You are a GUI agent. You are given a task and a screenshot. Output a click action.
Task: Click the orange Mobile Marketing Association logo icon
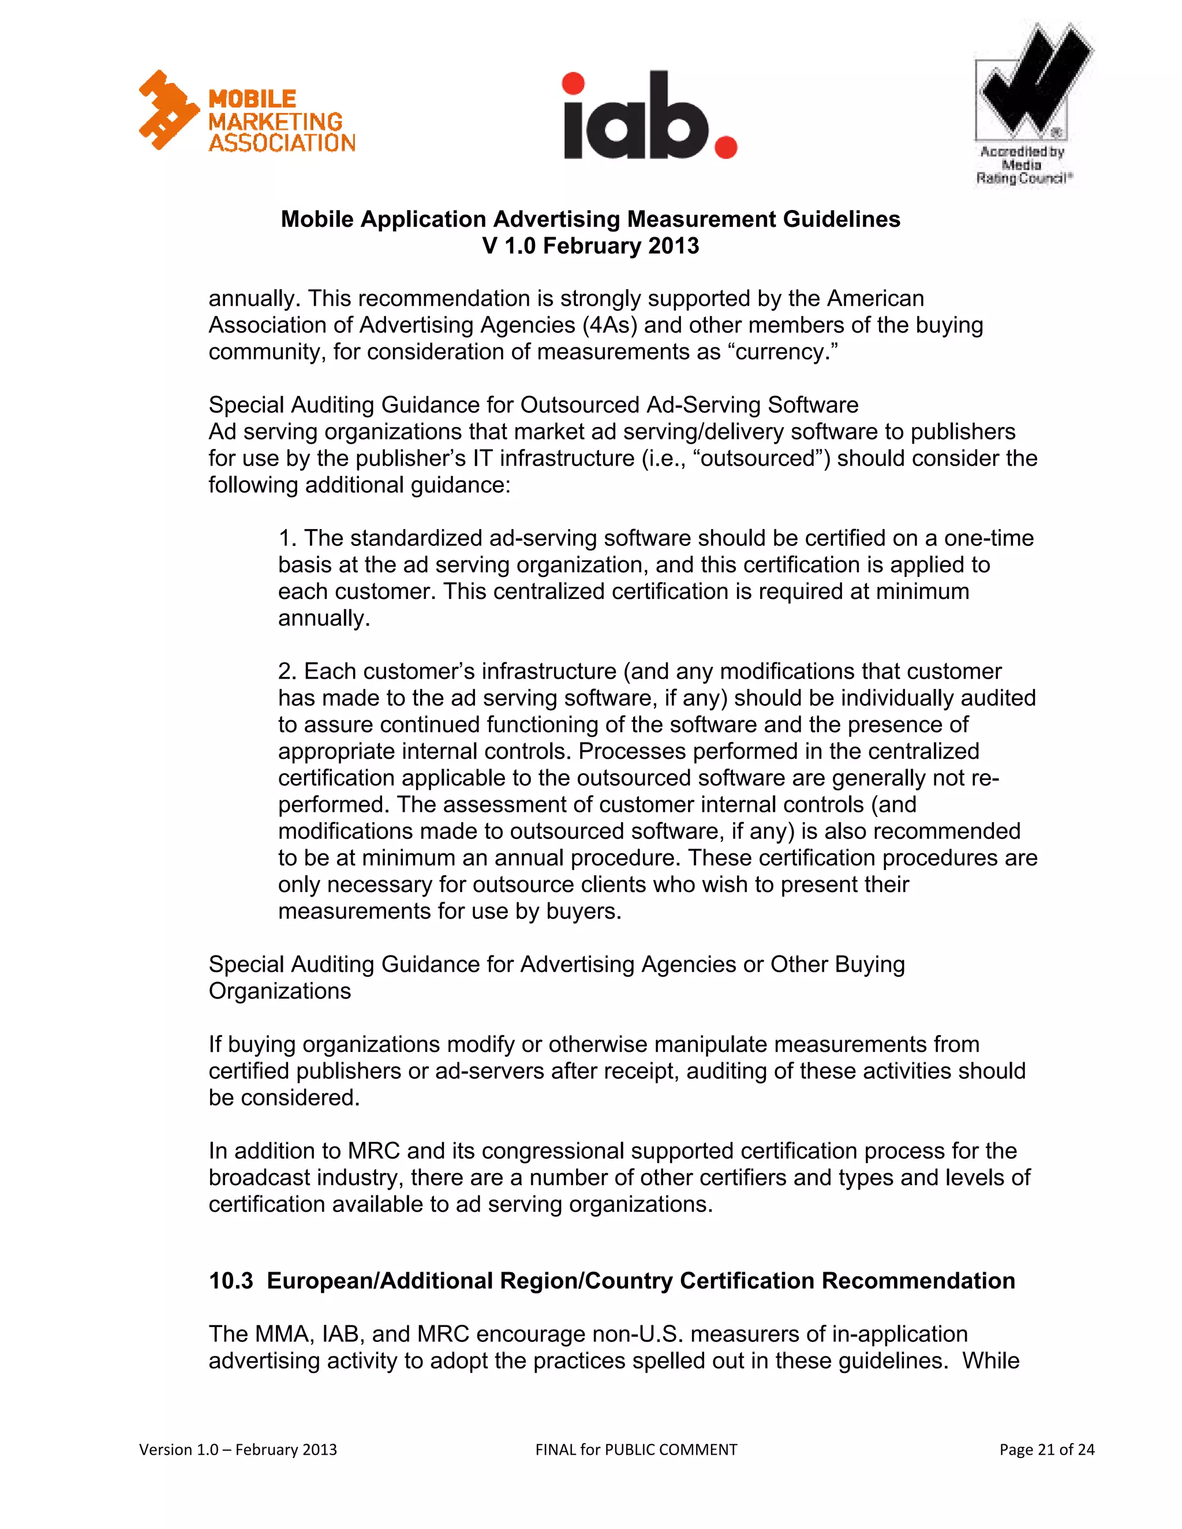pos(169,110)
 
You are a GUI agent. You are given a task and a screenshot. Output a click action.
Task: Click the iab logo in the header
pos(649,116)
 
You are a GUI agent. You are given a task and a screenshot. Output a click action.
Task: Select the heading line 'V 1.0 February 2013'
pos(590,246)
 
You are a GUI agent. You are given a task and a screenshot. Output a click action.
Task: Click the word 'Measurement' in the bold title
pos(701,219)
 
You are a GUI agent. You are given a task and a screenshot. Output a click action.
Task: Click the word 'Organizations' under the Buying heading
pos(279,991)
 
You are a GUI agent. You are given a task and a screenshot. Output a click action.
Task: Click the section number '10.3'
pos(230,1280)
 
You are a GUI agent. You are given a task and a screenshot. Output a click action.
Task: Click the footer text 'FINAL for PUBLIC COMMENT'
pos(636,1449)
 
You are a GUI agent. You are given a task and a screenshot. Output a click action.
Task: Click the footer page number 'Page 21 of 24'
pos(1046,1449)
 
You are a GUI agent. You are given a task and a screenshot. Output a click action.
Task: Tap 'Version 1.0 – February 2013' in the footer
pos(238,1449)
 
